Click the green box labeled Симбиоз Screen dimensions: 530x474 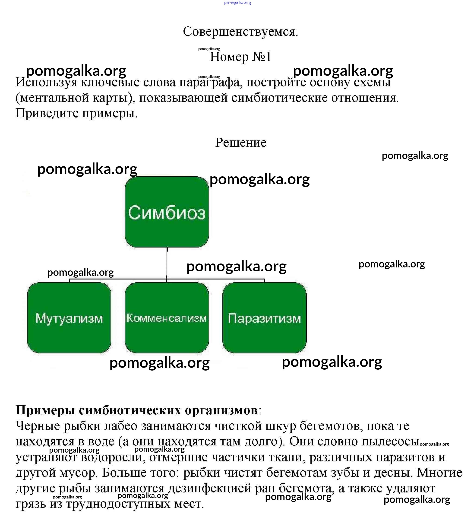coord(167,212)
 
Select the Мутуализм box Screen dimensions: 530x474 coord(69,318)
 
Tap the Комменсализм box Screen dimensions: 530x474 coord(167,318)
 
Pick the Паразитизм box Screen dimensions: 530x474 coord(264,318)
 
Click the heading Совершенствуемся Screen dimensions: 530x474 coord(240,32)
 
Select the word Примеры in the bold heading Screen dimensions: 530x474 coord(45,410)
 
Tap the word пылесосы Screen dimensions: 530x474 coord(390,441)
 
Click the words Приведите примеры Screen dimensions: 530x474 coord(76,113)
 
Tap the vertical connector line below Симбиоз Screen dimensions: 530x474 coord(167,263)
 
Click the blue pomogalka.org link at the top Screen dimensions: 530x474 coord(237,3)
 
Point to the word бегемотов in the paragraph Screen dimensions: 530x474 coord(331,426)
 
